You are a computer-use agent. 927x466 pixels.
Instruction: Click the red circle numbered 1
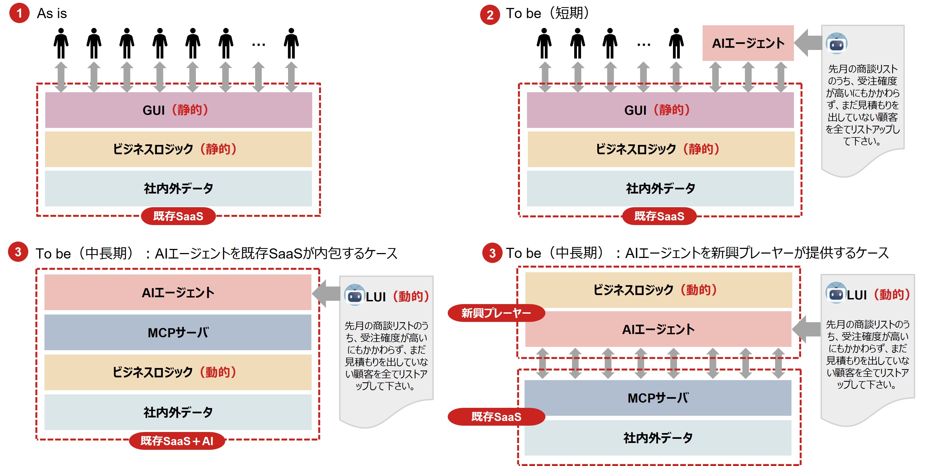(19, 13)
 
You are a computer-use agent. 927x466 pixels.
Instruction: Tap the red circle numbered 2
(490, 15)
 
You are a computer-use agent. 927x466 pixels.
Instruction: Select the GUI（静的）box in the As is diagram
(178, 110)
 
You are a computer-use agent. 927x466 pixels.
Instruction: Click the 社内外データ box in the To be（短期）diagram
(660, 188)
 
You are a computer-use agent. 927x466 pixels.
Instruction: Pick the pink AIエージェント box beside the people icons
(748, 43)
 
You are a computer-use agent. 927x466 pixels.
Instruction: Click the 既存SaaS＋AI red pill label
(177, 441)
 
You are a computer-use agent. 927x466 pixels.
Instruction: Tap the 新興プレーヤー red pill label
(496, 313)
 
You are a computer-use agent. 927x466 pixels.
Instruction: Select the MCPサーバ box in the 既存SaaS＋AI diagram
(178, 332)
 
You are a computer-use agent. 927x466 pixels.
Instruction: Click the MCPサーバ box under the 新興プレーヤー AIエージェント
(658, 398)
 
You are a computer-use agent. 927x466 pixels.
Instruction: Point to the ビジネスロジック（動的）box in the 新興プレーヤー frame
(658, 290)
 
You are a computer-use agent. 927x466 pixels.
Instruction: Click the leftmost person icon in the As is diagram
(61, 43)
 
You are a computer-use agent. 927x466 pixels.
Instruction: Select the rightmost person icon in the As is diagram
(291, 43)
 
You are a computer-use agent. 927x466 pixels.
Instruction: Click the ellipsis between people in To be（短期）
(643, 45)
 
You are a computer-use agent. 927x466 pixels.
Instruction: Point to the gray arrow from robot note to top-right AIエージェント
(808, 43)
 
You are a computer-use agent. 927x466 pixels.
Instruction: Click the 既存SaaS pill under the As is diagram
(178, 216)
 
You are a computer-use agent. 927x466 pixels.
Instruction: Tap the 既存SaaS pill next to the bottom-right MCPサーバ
(496, 417)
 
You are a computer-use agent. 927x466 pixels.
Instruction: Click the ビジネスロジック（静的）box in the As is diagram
(178, 149)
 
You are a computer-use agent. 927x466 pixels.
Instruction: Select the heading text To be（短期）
(547, 14)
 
